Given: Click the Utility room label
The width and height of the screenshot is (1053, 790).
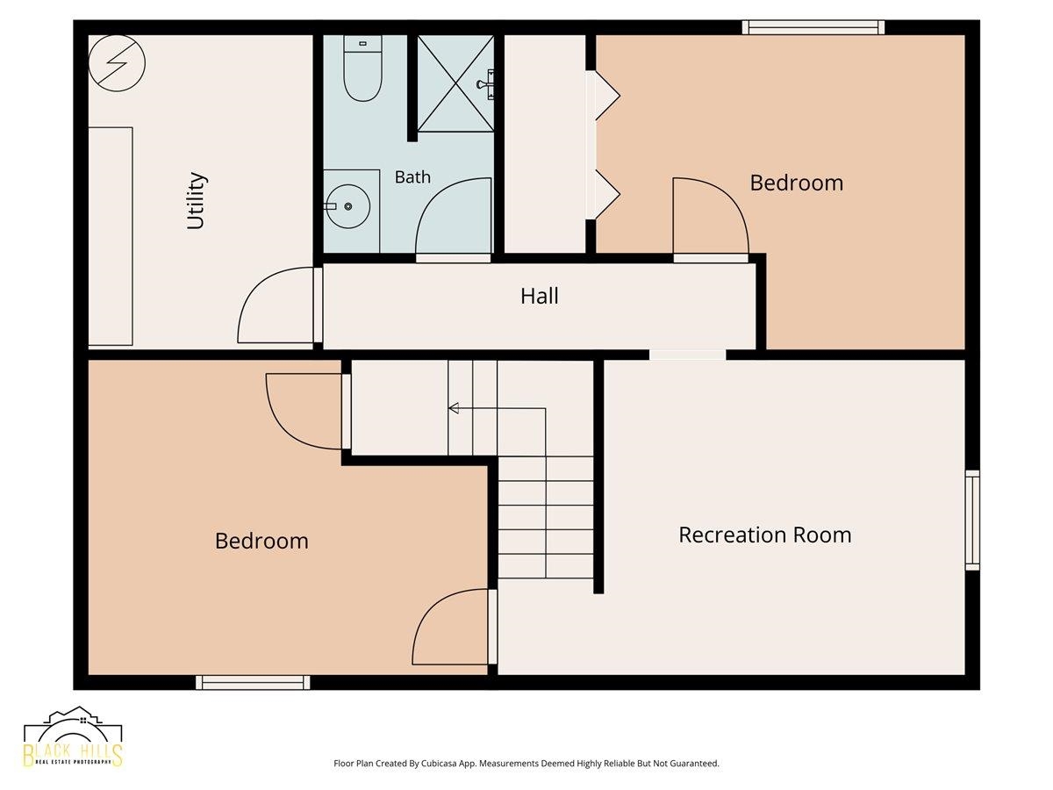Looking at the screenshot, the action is pyautogui.click(x=197, y=201).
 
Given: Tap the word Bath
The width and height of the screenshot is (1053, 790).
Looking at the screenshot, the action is pyautogui.click(x=412, y=177).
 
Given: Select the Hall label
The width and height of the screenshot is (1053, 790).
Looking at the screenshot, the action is pyautogui.click(x=539, y=296).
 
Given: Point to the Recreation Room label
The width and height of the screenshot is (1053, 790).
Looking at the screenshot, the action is pyautogui.click(x=764, y=535).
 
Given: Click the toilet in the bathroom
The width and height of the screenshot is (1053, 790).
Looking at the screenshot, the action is pyautogui.click(x=362, y=68).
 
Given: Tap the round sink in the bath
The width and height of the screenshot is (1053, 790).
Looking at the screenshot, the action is pyautogui.click(x=348, y=207).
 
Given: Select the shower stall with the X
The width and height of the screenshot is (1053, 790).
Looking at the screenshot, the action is pyautogui.click(x=455, y=83).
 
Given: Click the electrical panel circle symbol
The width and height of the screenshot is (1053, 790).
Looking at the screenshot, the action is pyautogui.click(x=117, y=63).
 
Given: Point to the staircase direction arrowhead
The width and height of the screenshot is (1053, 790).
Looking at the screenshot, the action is pyautogui.click(x=454, y=408).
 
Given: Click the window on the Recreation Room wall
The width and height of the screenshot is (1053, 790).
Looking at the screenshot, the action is pyautogui.click(x=972, y=520).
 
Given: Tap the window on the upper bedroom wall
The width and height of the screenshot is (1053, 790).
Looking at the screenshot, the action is pyautogui.click(x=813, y=27).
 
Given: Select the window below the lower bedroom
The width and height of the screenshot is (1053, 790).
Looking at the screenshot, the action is pyautogui.click(x=253, y=682).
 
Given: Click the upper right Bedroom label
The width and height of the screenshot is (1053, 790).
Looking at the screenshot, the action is pyautogui.click(x=797, y=183).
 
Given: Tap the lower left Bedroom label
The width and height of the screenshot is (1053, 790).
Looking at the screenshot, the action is pyautogui.click(x=261, y=541).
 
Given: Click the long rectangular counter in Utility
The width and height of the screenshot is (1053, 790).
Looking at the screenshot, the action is pyautogui.click(x=111, y=236).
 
